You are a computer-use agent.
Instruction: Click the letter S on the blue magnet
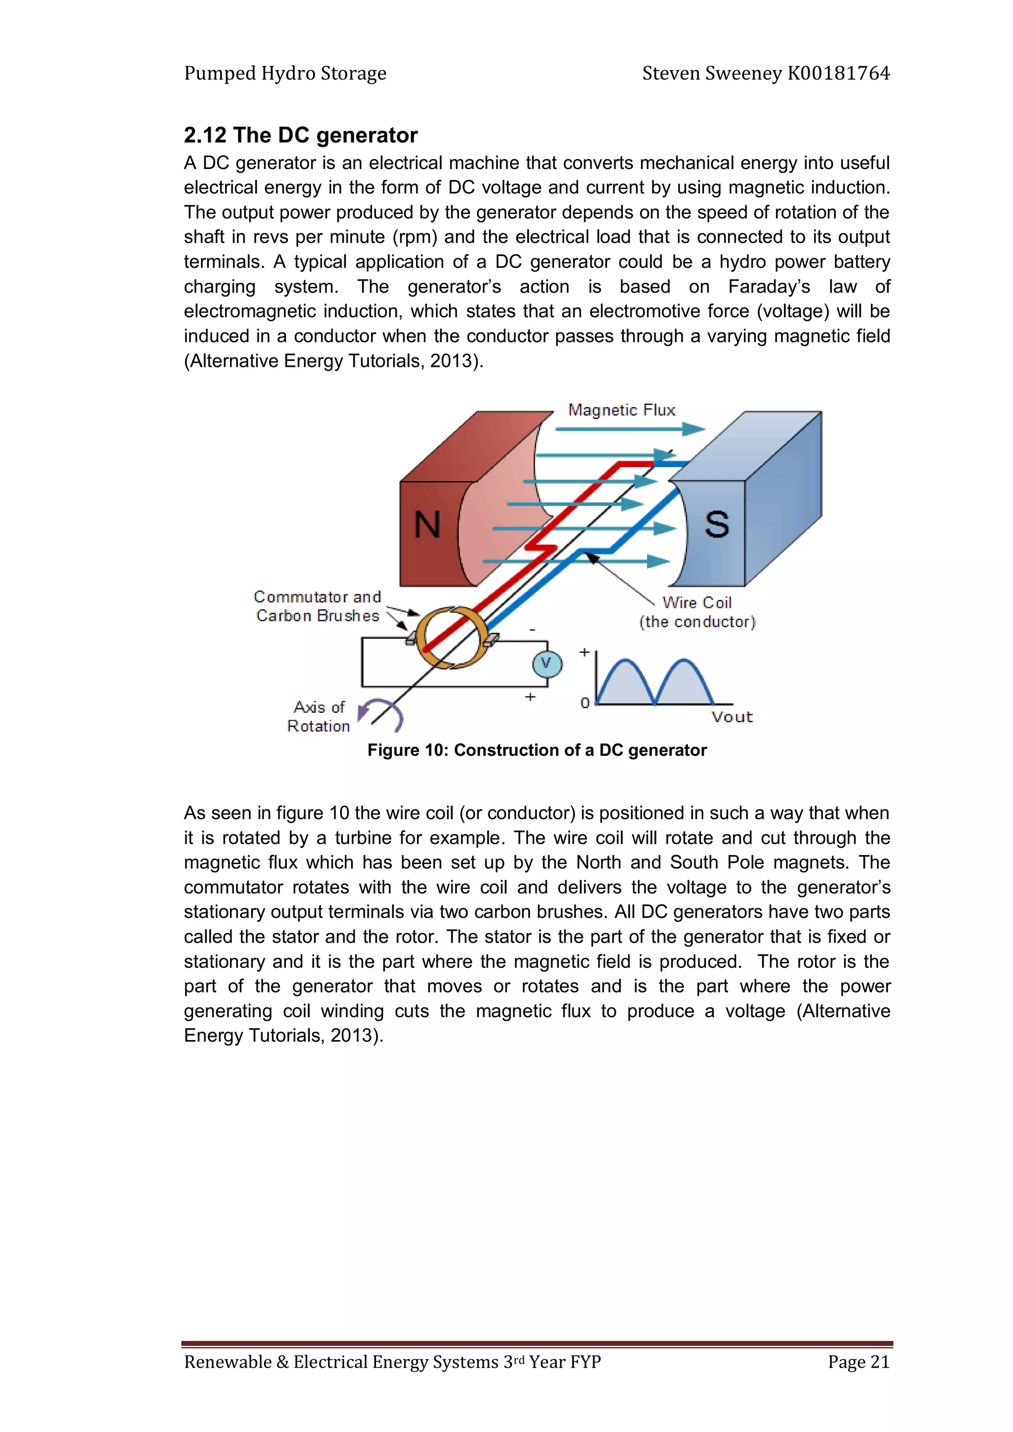pyautogui.click(x=717, y=524)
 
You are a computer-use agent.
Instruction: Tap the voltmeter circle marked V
pyautogui.click(x=547, y=664)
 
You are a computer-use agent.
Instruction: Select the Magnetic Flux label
pyautogui.click(x=622, y=410)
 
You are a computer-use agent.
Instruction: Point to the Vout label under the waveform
pyautogui.click(x=732, y=717)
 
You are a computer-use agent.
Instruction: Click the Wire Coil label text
pyautogui.click(x=697, y=603)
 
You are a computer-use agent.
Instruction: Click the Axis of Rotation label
pyautogui.click(x=319, y=717)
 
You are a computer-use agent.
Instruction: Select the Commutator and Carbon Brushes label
pyautogui.click(x=318, y=606)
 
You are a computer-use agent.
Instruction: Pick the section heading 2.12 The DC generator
pyautogui.click(x=300, y=135)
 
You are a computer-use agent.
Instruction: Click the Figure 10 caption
pyautogui.click(x=537, y=750)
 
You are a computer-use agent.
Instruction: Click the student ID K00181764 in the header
pyautogui.click(x=838, y=73)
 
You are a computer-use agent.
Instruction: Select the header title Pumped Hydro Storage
pyautogui.click(x=285, y=73)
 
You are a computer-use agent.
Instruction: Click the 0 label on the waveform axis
pyautogui.click(x=585, y=703)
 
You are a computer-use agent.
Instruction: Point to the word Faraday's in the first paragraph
pyautogui.click(x=769, y=286)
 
